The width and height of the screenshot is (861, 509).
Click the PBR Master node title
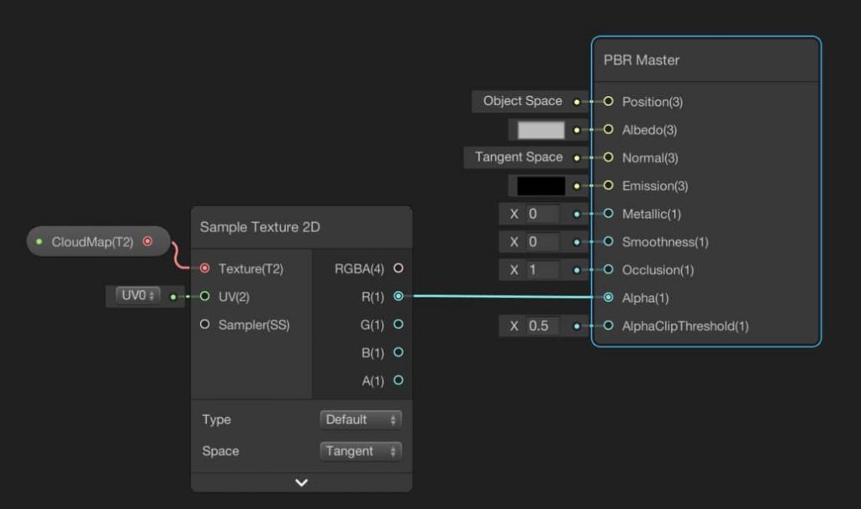(x=642, y=60)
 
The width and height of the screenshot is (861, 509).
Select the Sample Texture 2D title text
(x=260, y=227)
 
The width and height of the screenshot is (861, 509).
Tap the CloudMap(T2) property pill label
(x=92, y=241)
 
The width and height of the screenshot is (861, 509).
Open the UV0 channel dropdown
(x=138, y=296)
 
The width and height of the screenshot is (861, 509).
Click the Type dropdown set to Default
(x=360, y=420)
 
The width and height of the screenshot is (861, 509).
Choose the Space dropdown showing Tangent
(x=360, y=451)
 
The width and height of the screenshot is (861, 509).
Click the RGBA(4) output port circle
(x=399, y=268)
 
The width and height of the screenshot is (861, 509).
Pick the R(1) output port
(x=399, y=296)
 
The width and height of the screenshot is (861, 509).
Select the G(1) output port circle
(x=399, y=324)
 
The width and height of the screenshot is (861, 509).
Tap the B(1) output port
(x=399, y=353)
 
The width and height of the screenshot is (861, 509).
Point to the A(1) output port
(x=399, y=380)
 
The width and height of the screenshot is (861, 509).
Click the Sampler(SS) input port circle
(x=205, y=324)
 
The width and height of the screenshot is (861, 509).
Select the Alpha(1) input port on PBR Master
(x=608, y=297)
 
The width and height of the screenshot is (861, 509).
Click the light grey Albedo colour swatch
(x=541, y=130)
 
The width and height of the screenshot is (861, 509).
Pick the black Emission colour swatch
(x=541, y=186)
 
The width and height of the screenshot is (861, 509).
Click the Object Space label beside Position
(x=523, y=101)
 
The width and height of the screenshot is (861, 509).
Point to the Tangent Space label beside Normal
(x=519, y=157)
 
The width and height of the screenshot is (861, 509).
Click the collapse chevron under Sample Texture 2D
(x=302, y=483)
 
